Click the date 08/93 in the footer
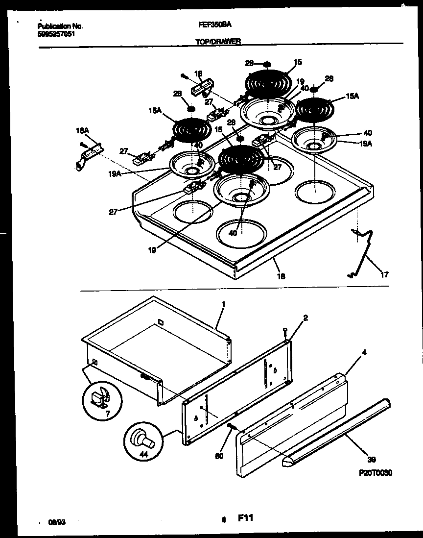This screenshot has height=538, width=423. [x=59, y=522]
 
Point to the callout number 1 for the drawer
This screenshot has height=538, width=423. [x=223, y=304]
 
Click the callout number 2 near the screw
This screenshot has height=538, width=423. [x=305, y=318]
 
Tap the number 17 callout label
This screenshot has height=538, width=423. [x=385, y=274]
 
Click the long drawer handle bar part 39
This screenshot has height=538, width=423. [x=338, y=431]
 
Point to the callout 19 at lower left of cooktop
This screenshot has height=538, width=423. [x=152, y=250]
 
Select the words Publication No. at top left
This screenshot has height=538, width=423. [x=60, y=26]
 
